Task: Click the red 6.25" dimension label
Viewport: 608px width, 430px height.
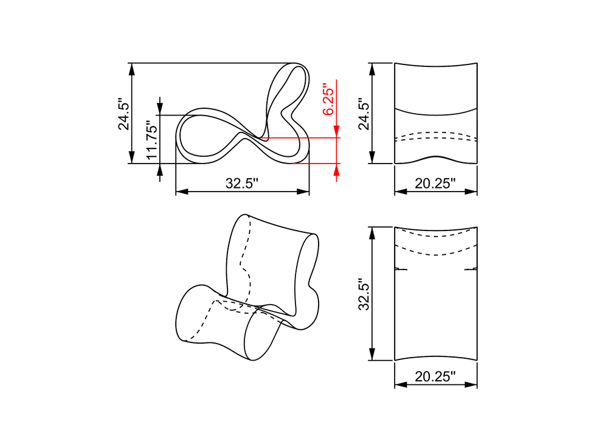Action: coord(328,99)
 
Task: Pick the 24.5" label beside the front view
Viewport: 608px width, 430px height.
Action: coord(364,114)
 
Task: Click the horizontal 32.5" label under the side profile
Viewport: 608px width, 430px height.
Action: coord(242,183)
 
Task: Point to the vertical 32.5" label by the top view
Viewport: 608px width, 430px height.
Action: coord(364,294)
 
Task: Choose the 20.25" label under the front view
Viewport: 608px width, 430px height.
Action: coord(435,183)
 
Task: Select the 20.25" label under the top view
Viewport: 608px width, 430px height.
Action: coord(435,376)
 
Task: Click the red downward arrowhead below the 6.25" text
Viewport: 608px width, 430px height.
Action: coord(337,131)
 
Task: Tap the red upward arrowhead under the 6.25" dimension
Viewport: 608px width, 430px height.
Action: coord(337,170)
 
